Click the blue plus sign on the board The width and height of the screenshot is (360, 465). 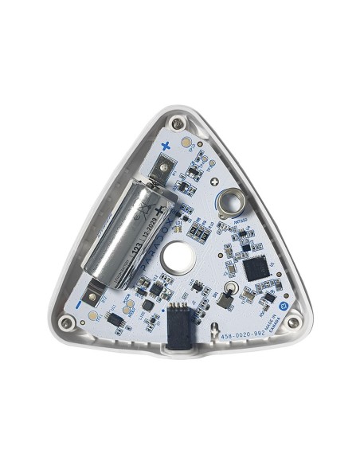click(x=166, y=145)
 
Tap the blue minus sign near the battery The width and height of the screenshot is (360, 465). click(x=80, y=303)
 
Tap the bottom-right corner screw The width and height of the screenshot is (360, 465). click(x=294, y=322)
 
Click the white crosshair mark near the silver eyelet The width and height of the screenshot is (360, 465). click(x=217, y=182)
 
